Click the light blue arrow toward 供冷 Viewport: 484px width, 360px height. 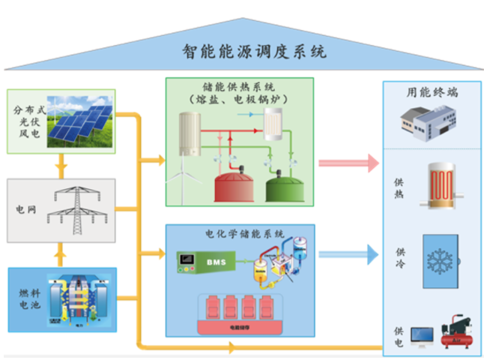(348, 255)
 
